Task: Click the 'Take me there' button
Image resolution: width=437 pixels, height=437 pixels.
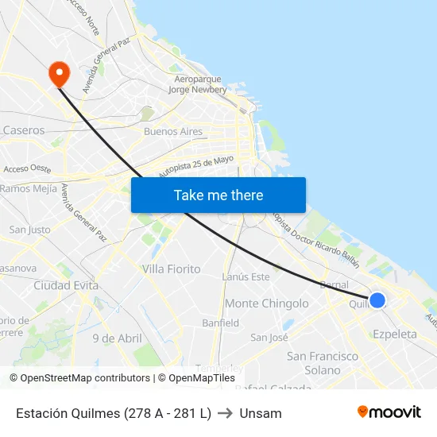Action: point(218,195)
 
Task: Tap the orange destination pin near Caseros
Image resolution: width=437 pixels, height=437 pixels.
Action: point(59,74)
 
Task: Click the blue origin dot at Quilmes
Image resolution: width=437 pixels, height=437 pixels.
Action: point(377,300)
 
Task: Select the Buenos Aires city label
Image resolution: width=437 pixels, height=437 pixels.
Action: point(172,131)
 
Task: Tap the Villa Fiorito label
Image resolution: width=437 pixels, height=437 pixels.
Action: point(171,269)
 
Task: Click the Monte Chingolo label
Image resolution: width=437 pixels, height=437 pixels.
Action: point(266,304)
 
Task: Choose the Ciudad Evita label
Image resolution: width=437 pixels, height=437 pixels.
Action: point(65,285)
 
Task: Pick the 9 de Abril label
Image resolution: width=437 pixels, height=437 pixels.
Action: point(117,338)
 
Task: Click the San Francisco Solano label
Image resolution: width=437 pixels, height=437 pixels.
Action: point(323,363)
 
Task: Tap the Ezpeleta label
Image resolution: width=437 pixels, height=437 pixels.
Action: point(394,335)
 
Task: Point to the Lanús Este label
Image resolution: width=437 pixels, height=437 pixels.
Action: point(246,277)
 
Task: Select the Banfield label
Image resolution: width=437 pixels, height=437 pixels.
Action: point(220,323)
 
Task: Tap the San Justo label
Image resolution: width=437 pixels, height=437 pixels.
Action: point(29,230)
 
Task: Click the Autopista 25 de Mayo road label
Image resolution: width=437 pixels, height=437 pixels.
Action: point(195,166)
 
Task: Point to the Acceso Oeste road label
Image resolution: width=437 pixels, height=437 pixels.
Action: point(27,168)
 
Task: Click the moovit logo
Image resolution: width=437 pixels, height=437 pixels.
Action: point(389,412)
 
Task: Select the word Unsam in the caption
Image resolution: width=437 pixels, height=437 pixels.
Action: point(261,413)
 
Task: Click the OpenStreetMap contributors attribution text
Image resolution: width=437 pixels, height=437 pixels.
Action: point(85,378)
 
